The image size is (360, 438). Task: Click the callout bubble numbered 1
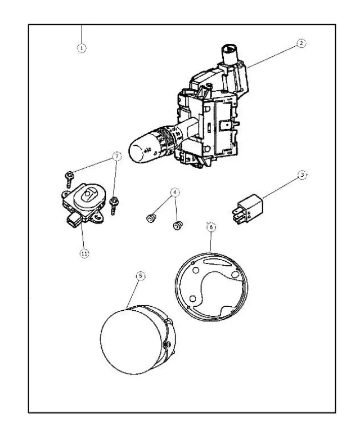coord(82,48)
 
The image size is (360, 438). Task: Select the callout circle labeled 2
coord(301,43)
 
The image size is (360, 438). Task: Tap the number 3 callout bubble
coord(302,175)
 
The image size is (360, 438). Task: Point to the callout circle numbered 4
coord(175,193)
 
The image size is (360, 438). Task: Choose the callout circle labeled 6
coord(211,227)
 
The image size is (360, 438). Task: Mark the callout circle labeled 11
coord(84,253)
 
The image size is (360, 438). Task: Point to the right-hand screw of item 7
coord(114,203)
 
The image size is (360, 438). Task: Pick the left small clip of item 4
coord(151,218)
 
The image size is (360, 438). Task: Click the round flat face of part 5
coord(127,341)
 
